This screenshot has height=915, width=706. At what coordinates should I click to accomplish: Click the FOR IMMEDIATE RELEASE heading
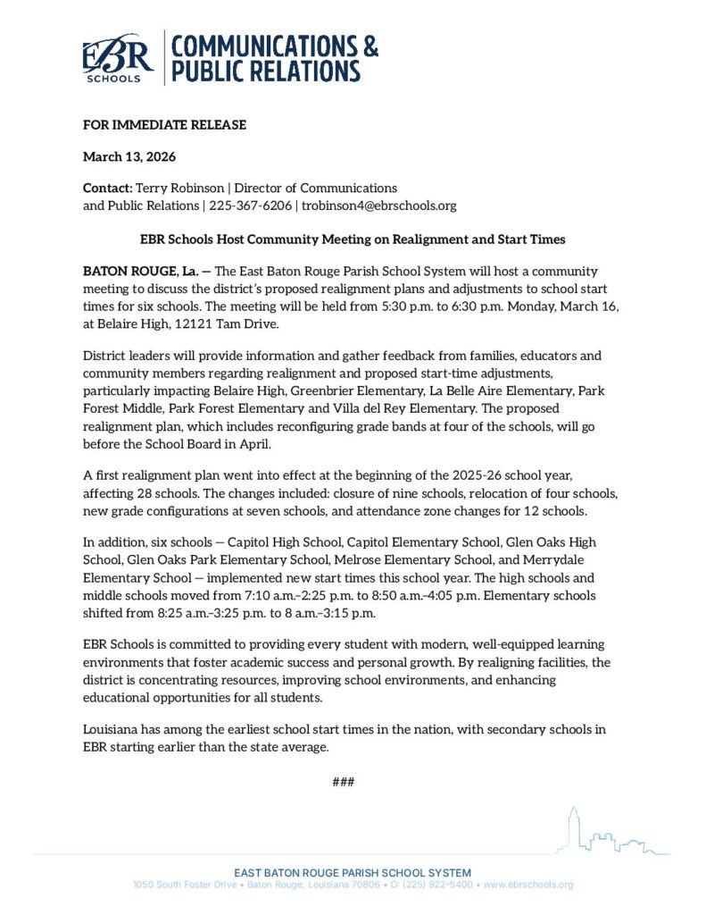[164, 125]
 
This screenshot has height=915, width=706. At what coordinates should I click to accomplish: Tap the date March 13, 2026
[129, 157]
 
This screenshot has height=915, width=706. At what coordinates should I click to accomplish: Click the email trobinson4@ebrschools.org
[378, 206]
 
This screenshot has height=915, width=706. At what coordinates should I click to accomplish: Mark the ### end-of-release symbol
[344, 783]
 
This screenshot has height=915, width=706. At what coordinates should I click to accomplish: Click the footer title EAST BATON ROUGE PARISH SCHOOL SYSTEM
[353, 872]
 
